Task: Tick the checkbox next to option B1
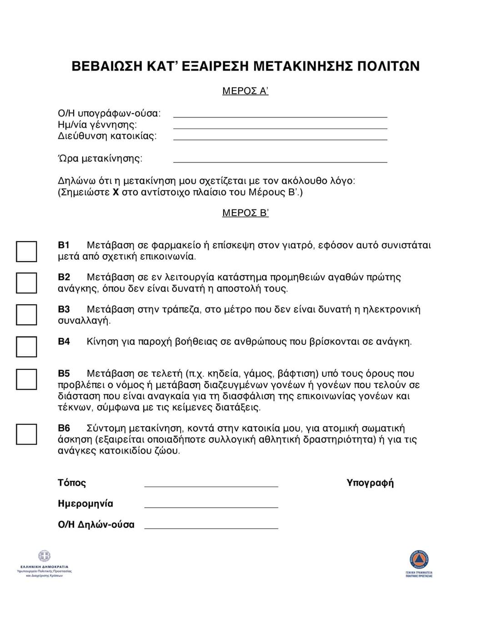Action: tap(26, 251)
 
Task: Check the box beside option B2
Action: tap(26, 283)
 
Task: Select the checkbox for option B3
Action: tap(26, 314)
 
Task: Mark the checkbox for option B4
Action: tap(26, 347)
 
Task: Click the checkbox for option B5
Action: tap(26, 379)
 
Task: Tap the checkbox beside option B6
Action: tap(26, 434)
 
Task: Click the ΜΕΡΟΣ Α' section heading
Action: tap(245, 91)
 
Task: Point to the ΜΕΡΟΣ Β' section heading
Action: tap(245, 213)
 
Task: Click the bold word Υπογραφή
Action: tap(370, 483)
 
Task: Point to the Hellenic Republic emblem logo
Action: tap(44, 556)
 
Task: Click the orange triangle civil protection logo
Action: tap(419, 559)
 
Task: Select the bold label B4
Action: tap(64, 342)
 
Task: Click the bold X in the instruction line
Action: tap(115, 192)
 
